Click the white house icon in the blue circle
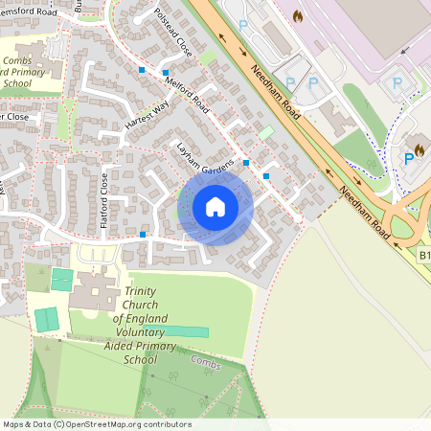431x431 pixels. [215, 206]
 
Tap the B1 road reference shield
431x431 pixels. [425, 256]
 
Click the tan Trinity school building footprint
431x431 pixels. [92, 290]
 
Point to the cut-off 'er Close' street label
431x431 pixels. [14, 116]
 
